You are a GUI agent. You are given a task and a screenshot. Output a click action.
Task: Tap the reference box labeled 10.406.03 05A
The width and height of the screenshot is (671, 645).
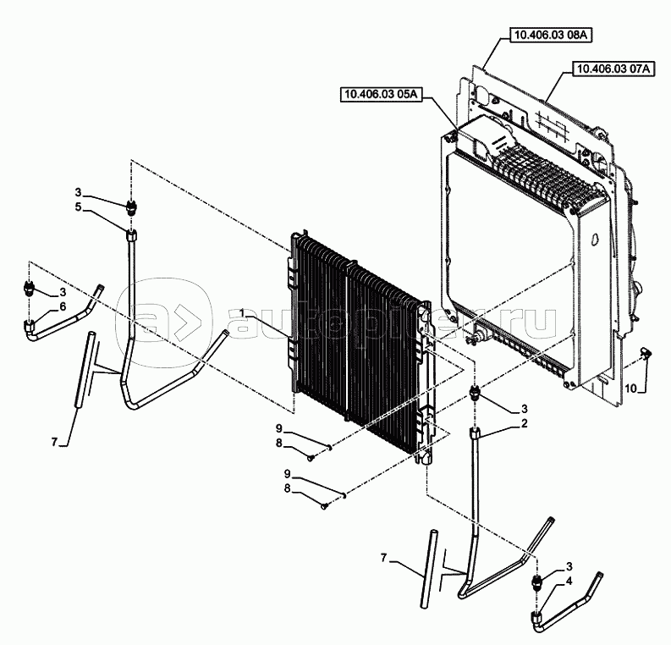[382, 94]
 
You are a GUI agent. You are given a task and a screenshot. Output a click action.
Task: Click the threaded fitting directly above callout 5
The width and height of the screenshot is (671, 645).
[130, 207]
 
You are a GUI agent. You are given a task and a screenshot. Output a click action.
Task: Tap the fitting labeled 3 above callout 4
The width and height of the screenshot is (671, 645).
[536, 582]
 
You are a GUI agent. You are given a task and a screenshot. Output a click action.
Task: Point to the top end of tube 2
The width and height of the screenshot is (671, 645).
[476, 433]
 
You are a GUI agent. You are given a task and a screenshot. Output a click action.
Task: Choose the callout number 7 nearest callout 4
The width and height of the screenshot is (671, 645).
[384, 558]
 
